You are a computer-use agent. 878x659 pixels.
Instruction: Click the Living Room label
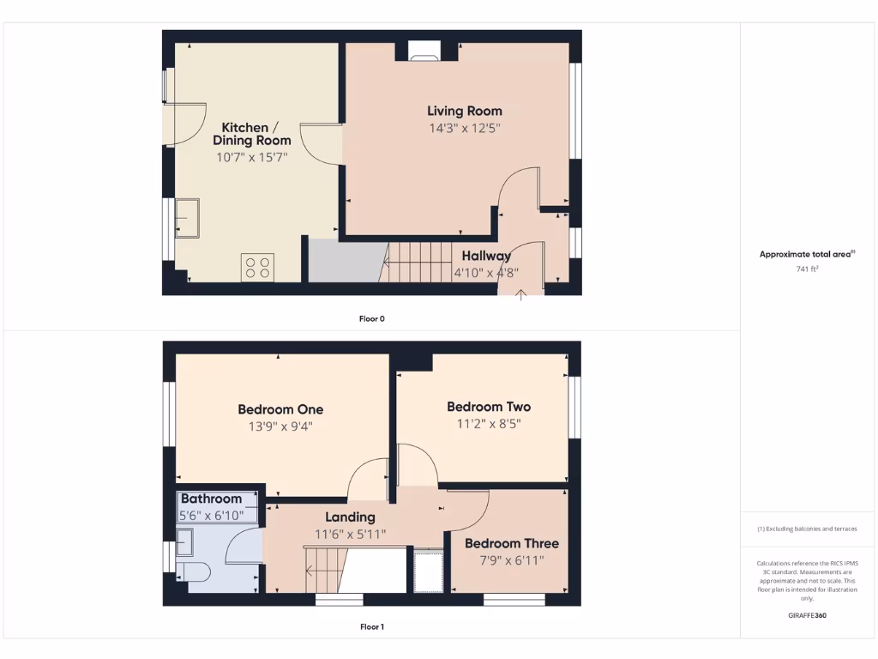coord(465,111)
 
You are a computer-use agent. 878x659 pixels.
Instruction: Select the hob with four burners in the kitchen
coord(258,266)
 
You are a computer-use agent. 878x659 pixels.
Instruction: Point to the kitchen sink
coord(187,218)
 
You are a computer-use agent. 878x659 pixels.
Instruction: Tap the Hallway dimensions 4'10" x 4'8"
coord(485,274)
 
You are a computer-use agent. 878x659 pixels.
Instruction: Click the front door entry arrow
coord(521,295)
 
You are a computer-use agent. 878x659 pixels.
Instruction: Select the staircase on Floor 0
coord(420,262)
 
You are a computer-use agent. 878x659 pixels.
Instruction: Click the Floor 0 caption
coord(371,318)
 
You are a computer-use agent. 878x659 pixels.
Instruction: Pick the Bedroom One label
coord(280,409)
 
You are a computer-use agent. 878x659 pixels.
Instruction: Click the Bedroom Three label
coord(511,543)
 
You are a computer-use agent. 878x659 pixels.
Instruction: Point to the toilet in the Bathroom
coord(192,571)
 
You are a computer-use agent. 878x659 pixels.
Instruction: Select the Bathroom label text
coord(211,499)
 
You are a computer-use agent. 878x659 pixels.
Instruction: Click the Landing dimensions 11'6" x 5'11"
coord(350,534)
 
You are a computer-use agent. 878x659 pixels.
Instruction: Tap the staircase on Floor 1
coord(326,569)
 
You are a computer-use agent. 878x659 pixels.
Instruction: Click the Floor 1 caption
coord(371,627)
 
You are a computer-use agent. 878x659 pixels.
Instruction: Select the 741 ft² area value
coord(808,269)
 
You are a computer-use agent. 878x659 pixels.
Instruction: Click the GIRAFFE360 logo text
coord(807,615)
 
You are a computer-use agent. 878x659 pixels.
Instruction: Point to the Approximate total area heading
coord(807,254)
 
